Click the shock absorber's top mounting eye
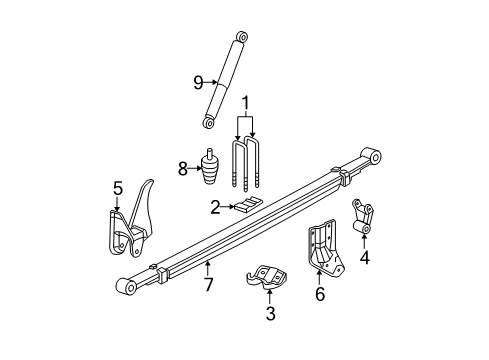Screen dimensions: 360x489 239,38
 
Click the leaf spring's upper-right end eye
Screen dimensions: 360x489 374,156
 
